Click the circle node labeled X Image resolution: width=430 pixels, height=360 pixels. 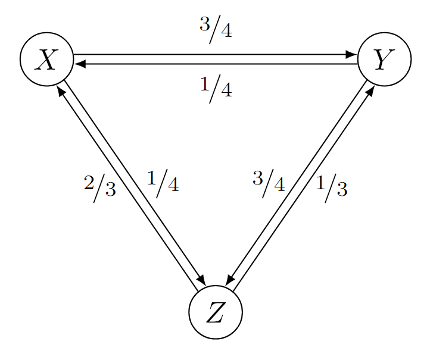46,59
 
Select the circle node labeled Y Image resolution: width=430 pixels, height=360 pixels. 384,59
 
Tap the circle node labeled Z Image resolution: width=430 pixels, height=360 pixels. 215,312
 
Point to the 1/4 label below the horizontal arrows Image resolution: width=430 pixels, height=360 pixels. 216,89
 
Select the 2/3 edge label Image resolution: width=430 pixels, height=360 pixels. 100,187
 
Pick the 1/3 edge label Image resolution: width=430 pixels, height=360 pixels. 331,187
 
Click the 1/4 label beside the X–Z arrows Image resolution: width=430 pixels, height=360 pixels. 163,183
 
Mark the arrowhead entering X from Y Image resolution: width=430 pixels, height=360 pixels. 80,64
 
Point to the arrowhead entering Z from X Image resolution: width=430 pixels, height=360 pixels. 202,281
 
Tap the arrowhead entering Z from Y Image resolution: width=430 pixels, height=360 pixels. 229,281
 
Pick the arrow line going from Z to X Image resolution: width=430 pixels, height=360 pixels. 128,187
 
